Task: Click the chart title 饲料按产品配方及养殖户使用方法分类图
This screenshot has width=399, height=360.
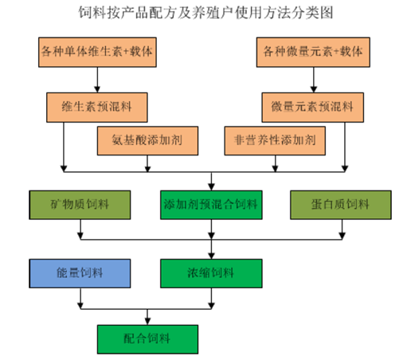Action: pyautogui.click(x=205, y=13)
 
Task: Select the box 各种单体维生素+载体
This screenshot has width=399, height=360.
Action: pyautogui.click(x=97, y=52)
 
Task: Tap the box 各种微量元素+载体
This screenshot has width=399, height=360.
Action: pyautogui.click(x=313, y=52)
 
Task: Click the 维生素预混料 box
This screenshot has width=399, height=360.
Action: pyautogui.click(x=97, y=108)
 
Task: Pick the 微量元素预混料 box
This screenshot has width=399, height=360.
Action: pyautogui.click(x=313, y=108)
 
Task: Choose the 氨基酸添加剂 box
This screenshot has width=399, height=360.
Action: pyautogui.click(x=147, y=141)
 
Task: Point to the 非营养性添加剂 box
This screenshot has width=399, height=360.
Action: pyautogui.click(x=275, y=141)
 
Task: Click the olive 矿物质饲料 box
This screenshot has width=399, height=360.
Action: pyautogui.click(x=80, y=205)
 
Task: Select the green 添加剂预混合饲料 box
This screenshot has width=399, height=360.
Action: pyautogui.click(x=211, y=205)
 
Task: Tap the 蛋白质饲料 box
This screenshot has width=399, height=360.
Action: pyautogui.click(x=341, y=205)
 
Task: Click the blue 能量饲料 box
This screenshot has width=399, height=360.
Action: pyautogui.click(x=80, y=273)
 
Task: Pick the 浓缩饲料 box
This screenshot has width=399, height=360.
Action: pyautogui.click(x=211, y=273)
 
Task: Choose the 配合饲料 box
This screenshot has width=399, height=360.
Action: pyautogui.click(x=147, y=339)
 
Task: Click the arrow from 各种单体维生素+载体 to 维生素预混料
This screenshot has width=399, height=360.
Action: pyautogui.click(x=97, y=80)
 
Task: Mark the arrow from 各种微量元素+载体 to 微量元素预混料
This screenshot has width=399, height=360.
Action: pyautogui.click(x=314, y=80)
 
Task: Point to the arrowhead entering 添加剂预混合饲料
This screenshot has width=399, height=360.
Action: pyautogui.click(x=211, y=187)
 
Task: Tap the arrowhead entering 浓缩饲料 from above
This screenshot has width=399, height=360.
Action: pyautogui.click(x=211, y=256)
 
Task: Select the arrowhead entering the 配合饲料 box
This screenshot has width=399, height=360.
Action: pyautogui.click(x=147, y=322)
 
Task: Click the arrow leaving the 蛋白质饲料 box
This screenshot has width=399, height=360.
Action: pyautogui.click(x=342, y=229)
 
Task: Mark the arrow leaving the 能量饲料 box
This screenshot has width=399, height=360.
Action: pyautogui.click(x=80, y=299)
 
